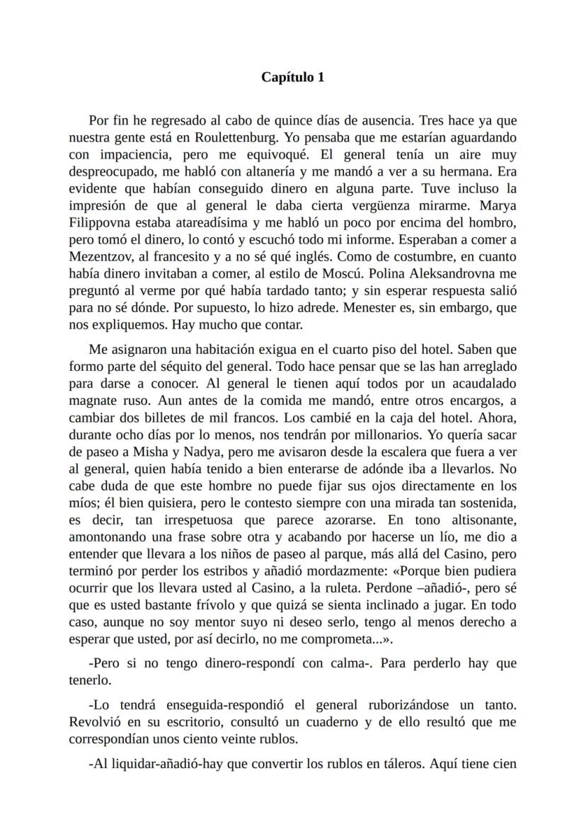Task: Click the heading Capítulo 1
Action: click(x=293, y=77)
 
